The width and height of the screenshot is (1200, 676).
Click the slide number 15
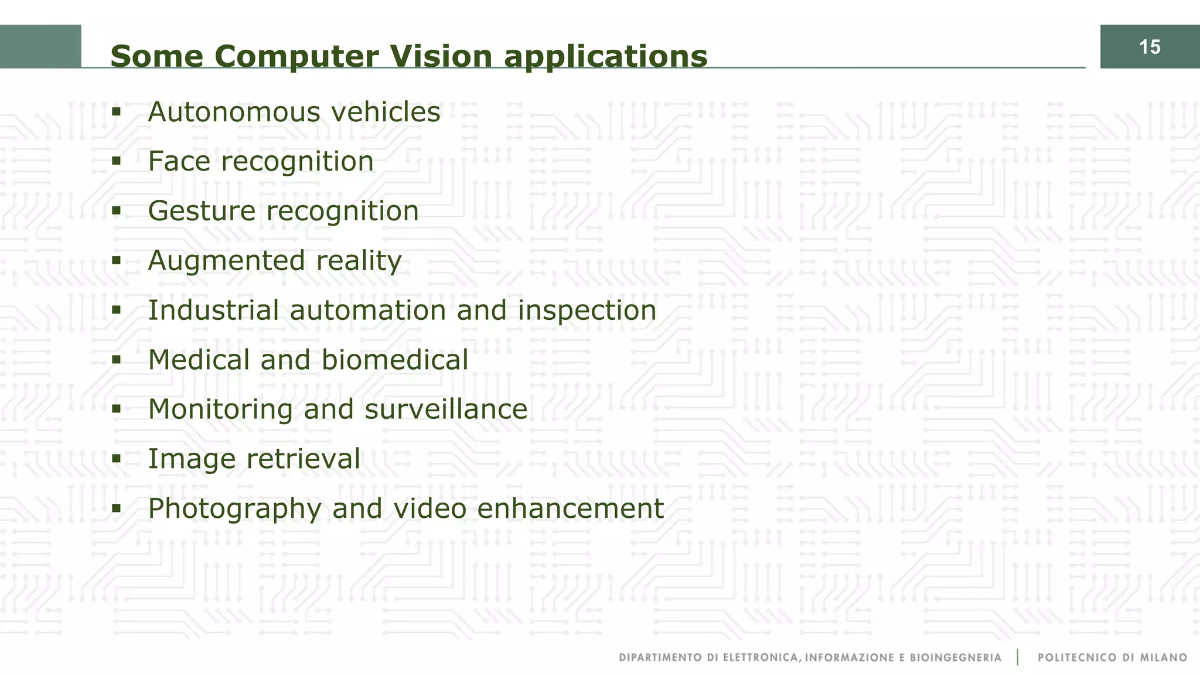click(x=1150, y=47)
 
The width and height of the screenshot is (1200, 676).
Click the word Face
click(x=179, y=161)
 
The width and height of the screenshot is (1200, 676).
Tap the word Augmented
click(x=226, y=261)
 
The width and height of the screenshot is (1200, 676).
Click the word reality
click(x=359, y=261)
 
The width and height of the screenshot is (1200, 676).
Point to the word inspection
click(x=587, y=311)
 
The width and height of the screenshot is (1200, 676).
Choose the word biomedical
click(x=394, y=360)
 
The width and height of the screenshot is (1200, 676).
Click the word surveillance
click(x=445, y=409)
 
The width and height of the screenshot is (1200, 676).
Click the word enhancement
click(x=570, y=508)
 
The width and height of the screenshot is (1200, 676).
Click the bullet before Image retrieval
click(x=116, y=458)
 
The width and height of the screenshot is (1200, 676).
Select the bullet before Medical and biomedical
click(x=116, y=359)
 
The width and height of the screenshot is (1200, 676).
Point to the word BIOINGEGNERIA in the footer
click(x=956, y=658)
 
